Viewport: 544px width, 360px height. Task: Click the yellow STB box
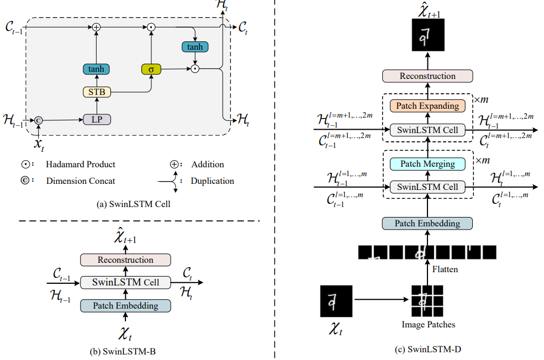coord(96,92)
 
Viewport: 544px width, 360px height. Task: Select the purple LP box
coord(96,119)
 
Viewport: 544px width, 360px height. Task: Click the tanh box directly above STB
coord(96,70)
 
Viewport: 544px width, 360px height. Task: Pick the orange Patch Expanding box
coord(428,105)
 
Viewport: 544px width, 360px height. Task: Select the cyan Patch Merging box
coord(428,163)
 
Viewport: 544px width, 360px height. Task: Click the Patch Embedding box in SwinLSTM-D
coord(428,224)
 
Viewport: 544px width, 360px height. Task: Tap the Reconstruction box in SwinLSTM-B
coord(125,260)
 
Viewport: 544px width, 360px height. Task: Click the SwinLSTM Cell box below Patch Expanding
coord(428,130)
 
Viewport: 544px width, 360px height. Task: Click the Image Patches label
coord(428,325)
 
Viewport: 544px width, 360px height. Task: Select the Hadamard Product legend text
coord(81,165)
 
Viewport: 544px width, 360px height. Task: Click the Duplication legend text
coord(212,181)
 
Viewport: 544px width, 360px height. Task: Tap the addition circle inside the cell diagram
coord(96,27)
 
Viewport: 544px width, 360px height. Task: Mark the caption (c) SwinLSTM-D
coord(429,349)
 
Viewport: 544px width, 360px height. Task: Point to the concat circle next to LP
coord(38,119)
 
